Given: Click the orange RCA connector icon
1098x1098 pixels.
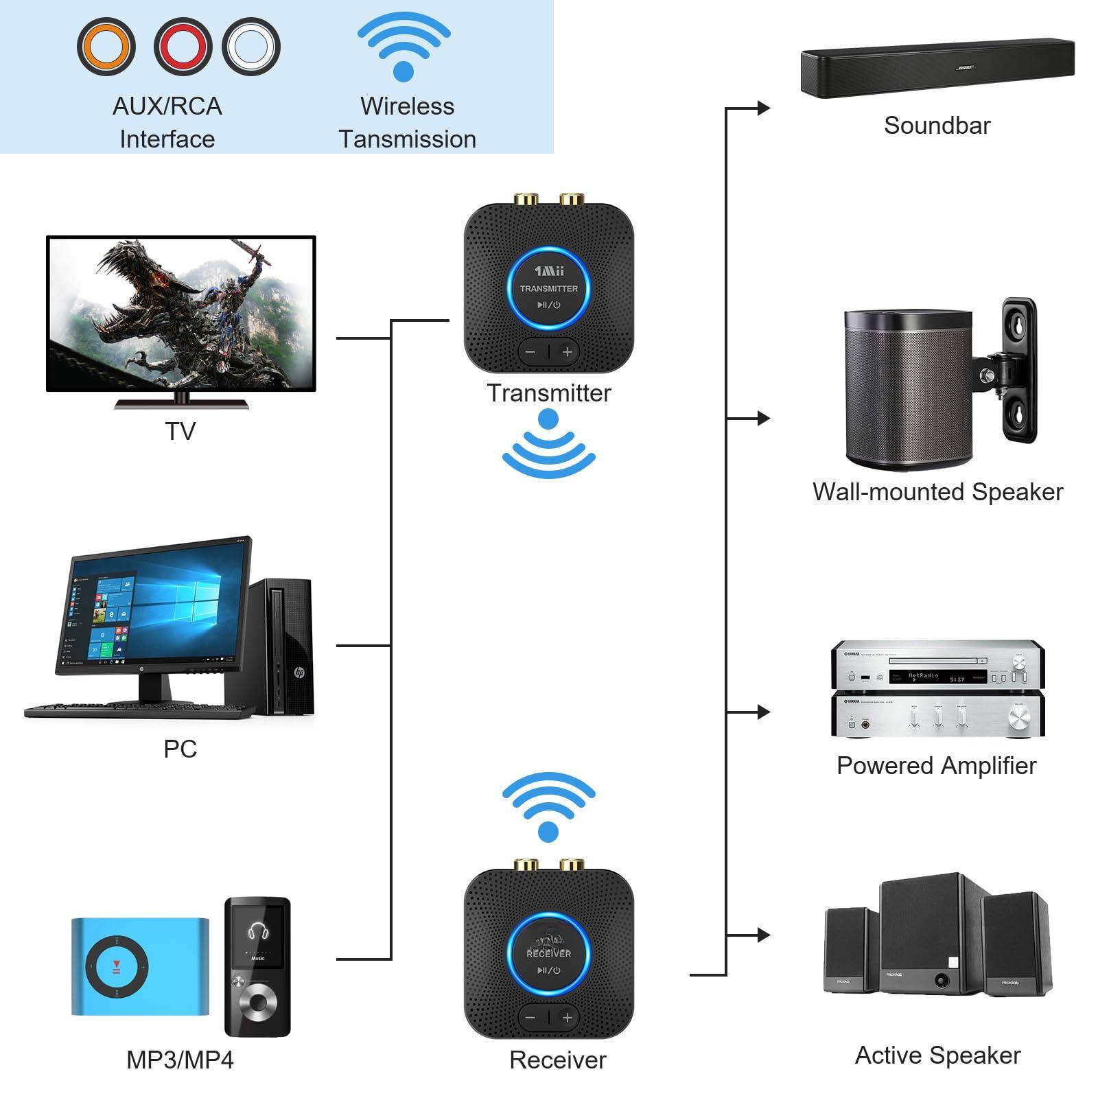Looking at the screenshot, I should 106,47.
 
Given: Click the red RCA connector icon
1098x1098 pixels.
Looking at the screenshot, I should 183,47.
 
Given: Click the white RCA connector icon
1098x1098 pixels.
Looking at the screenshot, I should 251,47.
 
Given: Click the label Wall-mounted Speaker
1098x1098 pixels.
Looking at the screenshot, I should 937,492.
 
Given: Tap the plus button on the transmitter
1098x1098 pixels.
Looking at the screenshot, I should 568,353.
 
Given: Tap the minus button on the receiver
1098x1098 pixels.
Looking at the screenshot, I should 530,1018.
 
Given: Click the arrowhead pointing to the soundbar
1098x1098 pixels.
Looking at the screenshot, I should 763,108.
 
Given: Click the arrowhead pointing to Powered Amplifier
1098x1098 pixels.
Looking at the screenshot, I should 763,712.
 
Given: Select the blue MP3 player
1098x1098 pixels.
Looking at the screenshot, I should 140,966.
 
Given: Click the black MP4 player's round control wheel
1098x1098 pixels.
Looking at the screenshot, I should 258,1002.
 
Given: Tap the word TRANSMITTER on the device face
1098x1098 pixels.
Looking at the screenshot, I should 548,289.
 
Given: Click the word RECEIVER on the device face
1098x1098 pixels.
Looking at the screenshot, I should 548,953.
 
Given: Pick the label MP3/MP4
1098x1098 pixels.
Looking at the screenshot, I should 180,1060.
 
